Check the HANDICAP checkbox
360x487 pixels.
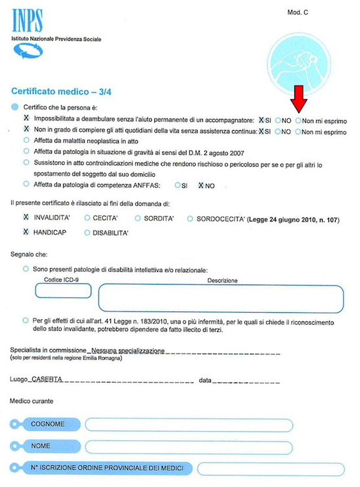(x=26, y=232)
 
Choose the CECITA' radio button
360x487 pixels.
(x=87, y=217)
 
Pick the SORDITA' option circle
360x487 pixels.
(x=138, y=217)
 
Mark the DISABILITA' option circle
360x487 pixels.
(x=87, y=232)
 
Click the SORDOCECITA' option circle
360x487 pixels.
(x=189, y=217)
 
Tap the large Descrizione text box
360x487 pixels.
(x=222, y=298)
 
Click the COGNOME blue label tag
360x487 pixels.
(x=47, y=424)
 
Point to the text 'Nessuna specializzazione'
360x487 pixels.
(x=127, y=351)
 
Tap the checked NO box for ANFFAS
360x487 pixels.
(x=200, y=186)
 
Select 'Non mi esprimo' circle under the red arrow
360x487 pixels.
(x=298, y=121)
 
